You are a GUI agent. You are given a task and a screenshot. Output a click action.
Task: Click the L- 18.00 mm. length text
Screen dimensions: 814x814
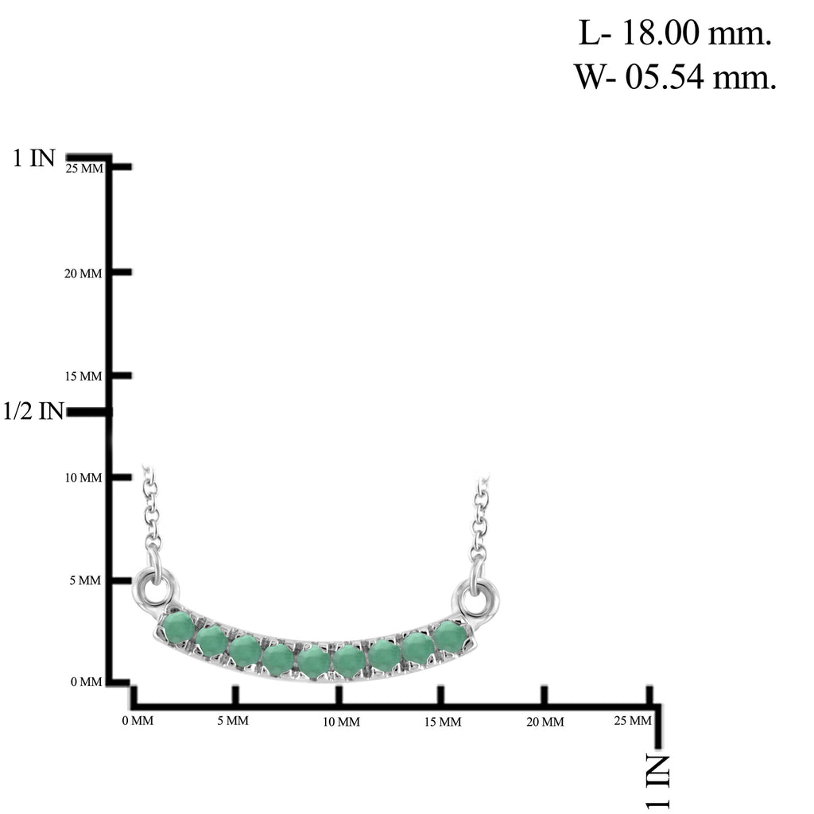point(675,33)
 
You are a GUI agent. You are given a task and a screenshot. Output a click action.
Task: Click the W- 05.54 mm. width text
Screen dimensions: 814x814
point(675,76)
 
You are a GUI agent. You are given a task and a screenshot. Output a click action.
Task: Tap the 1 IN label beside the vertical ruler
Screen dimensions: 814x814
point(33,158)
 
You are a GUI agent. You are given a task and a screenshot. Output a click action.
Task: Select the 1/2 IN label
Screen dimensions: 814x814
point(33,411)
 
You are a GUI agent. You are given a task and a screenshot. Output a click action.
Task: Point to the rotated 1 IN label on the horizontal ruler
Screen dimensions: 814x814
point(657,782)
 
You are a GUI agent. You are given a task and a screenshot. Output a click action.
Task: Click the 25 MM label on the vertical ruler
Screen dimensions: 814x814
point(84,169)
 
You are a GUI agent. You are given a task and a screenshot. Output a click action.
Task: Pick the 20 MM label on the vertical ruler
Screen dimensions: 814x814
point(83,273)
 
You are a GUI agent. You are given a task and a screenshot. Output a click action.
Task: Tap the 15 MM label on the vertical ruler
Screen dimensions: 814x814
point(83,376)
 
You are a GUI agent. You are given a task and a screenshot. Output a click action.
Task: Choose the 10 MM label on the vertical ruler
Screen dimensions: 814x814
point(83,478)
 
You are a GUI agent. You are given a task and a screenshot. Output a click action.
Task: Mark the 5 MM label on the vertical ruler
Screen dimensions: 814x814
point(85,580)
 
